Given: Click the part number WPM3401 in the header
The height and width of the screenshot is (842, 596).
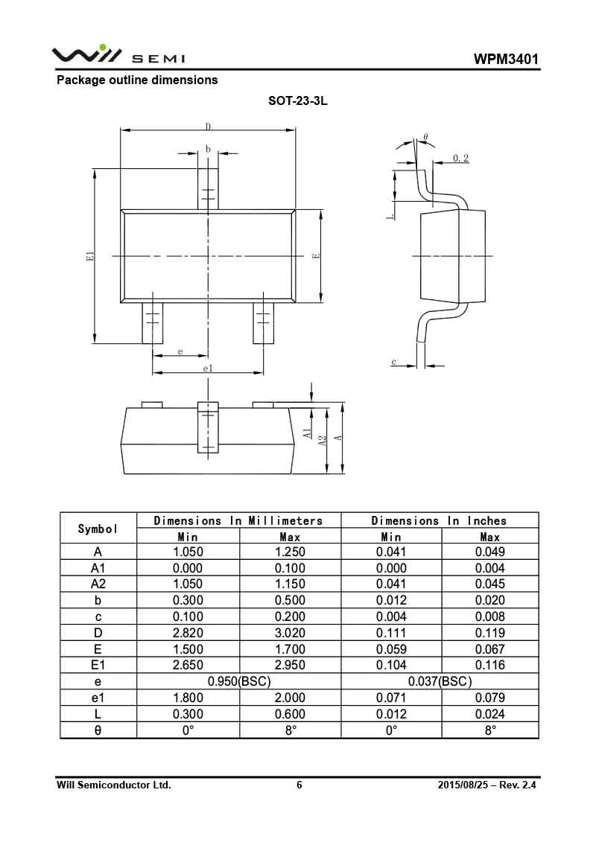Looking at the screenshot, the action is pyautogui.click(x=505, y=59).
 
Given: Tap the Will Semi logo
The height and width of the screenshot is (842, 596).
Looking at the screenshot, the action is pyautogui.click(x=118, y=55).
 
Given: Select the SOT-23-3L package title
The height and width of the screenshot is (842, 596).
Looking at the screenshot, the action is pyautogui.click(x=298, y=101).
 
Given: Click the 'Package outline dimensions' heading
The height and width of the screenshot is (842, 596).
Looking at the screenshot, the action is pyautogui.click(x=137, y=80).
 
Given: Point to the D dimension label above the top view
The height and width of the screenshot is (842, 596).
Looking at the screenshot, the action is pyautogui.click(x=208, y=127).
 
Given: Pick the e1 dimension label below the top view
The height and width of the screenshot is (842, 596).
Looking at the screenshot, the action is pyautogui.click(x=208, y=369).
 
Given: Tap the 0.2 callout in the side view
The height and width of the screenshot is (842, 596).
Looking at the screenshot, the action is pyautogui.click(x=460, y=158).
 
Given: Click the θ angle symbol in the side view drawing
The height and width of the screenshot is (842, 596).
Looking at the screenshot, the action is pyautogui.click(x=425, y=138).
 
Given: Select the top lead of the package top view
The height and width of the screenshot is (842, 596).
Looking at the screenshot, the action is pyautogui.click(x=208, y=188).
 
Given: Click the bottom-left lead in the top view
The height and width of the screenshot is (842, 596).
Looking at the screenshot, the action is pyautogui.click(x=153, y=323).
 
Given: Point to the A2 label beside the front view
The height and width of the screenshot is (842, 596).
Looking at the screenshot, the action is pyautogui.click(x=323, y=440).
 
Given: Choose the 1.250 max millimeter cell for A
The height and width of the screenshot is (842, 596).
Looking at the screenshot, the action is pyautogui.click(x=290, y=552).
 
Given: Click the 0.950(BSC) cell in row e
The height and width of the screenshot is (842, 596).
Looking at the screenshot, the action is pyautogui.click(x=239, y=681).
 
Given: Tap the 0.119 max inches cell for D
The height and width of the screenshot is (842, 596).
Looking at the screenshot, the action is pyautogui.click(x=489, y=633).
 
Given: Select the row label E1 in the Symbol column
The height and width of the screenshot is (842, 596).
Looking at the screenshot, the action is pyautogui.click(x=98, y=665).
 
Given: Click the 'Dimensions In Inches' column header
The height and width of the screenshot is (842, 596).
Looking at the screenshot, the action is pyautogui.click(x=439, y=520).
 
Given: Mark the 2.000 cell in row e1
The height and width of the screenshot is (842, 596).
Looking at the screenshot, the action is pyautogui.click(x=290, y=698).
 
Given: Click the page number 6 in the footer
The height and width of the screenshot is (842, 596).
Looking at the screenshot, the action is pyautogui.click(x=299, y=785).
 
